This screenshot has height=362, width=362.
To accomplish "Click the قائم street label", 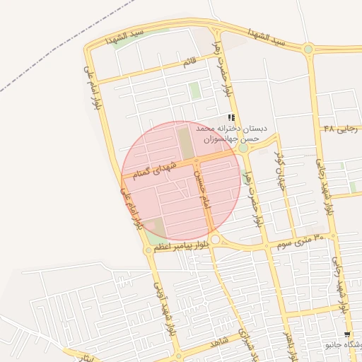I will click(x=189, y=62).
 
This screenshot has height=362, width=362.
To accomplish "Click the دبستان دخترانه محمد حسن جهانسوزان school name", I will click(x=231, y=134).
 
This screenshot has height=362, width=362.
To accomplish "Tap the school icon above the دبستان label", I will click(x=231, y=117).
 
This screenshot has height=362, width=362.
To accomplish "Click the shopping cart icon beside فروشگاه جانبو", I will click(x=346, y=334).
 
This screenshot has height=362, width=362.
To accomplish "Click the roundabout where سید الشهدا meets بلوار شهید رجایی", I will click(x=308, y=49).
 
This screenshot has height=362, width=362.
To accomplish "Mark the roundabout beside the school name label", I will click(x=243, y=148).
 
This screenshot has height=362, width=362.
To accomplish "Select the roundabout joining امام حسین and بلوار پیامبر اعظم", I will click(x=215, y=240).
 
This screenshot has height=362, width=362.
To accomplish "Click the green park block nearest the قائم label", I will click(x=194, y=91).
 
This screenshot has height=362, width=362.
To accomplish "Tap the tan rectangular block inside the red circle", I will click(x=185, y=142).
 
